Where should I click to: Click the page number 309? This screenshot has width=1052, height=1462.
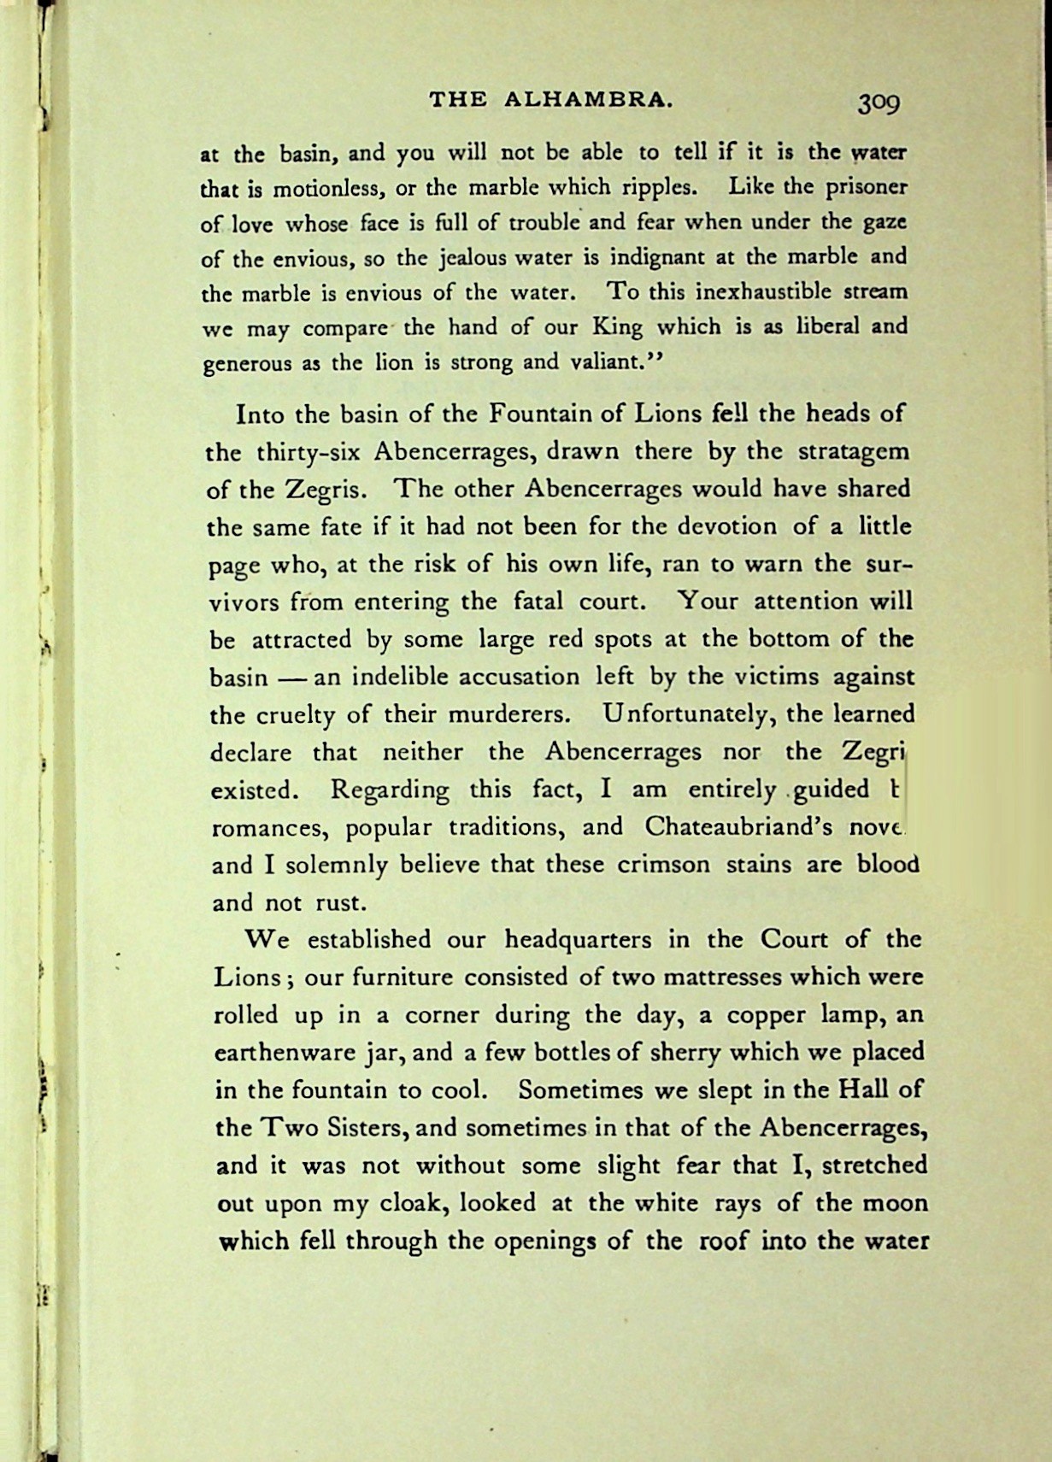pos(879,102)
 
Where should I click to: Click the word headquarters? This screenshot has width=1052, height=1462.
pos(579,940)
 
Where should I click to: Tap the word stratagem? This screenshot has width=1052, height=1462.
pos(854,451)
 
